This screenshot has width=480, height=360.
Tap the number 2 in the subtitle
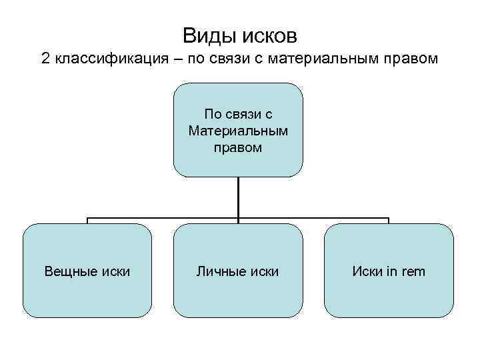45,59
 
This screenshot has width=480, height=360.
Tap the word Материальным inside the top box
238,131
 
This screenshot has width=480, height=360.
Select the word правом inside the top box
238,147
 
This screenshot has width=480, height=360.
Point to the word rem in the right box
412,271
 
